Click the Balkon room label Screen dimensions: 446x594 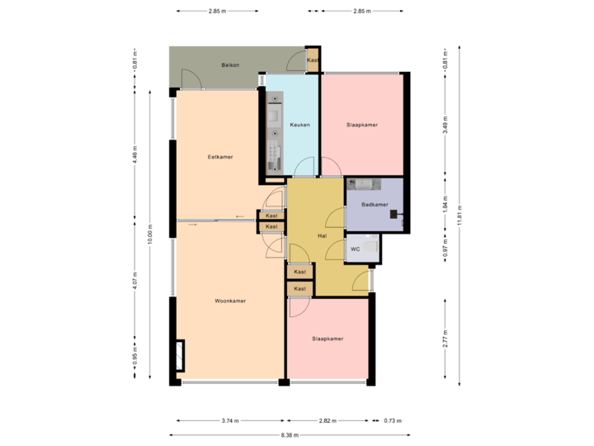230,64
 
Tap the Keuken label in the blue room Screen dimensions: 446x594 299,125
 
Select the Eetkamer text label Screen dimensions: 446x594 219,156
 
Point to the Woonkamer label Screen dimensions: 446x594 230,301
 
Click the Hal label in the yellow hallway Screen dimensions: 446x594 323,235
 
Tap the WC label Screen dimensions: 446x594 355,249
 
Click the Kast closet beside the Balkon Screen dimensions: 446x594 313,60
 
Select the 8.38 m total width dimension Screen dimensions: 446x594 289,434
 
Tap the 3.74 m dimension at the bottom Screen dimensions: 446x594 230,420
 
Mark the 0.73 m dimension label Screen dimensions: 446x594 394,420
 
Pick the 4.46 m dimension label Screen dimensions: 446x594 134,154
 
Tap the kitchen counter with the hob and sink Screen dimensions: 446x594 274,132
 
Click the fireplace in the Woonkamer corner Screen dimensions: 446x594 180,356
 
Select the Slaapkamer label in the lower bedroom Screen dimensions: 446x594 328,339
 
